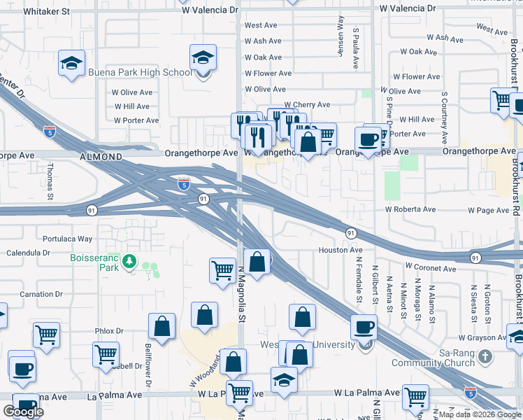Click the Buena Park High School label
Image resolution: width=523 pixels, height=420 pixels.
click(140, 72)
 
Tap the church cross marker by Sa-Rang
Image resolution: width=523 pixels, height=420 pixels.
click(486, 358)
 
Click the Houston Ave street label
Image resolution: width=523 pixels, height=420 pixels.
click(341, 250)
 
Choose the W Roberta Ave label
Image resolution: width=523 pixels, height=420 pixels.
click(409, 209)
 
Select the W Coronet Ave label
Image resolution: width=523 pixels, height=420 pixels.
click(431, 267)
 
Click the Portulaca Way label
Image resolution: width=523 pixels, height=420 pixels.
click(67, 239)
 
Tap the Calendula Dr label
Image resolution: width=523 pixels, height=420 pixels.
click(27, 253)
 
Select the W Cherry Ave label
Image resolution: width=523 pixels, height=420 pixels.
click(306, 105)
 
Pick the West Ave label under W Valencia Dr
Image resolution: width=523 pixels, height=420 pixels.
click(259, 26)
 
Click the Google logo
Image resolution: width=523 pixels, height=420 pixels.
click(23, 412)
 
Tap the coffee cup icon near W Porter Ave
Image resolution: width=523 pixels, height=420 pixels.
click(368, 138)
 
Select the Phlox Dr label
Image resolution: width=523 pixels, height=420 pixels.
click(109, 330)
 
